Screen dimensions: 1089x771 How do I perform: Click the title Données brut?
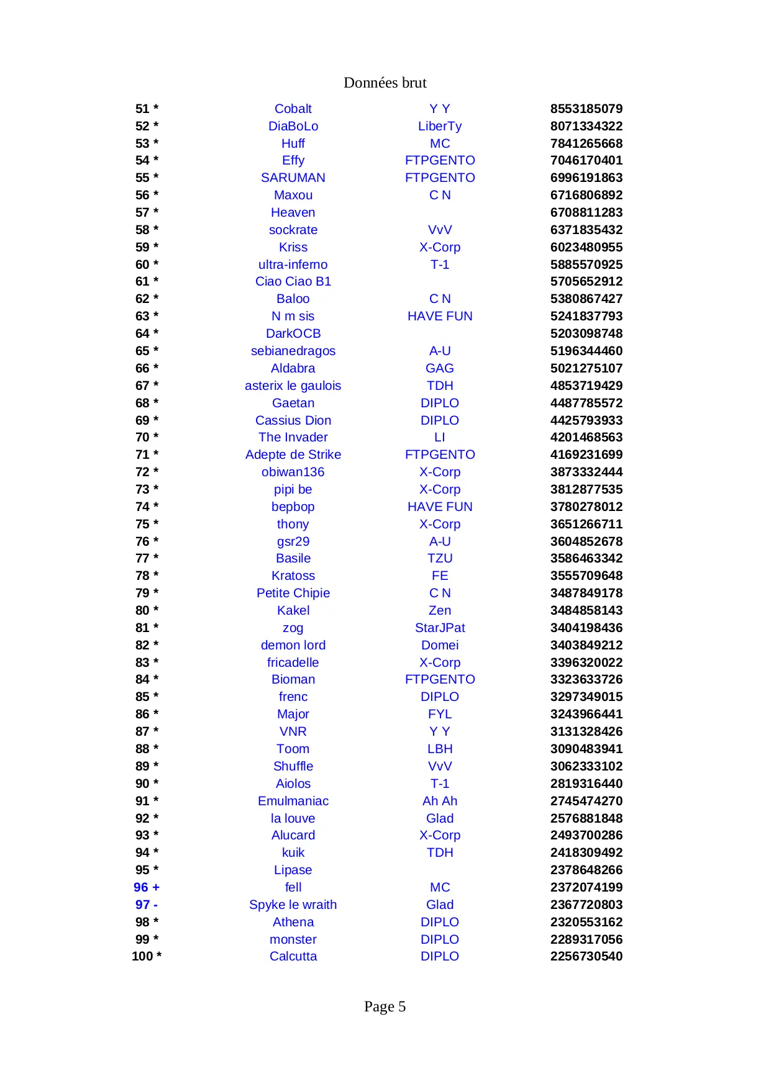point(385,83)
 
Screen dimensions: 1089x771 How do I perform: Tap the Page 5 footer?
point(385,1006)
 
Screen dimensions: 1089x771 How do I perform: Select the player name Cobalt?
point(293,109)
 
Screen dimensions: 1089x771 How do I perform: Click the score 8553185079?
point(586,109)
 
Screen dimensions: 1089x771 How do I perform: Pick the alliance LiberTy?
point(439,126)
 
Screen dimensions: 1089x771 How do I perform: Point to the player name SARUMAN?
point(293,178)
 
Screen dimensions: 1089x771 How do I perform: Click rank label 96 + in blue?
point(147,887)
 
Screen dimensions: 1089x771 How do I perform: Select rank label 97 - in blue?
point(147,905)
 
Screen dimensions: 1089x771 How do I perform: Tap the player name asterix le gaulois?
point(293,386)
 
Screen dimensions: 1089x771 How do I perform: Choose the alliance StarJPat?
point(439,628)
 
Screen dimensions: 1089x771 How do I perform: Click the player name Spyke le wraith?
point(293,905)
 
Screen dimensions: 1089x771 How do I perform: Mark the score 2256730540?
point(586,956)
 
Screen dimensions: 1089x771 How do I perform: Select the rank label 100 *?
point(147,956)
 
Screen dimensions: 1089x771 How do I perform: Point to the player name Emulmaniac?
point(293,801)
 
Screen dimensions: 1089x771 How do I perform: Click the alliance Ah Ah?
point(439,801)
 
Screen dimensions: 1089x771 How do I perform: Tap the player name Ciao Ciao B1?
point(293,281)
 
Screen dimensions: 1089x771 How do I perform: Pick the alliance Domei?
point(439,645)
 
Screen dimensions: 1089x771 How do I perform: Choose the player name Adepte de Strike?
point(293,454)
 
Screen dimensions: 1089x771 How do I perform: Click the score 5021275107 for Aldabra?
point(586,368)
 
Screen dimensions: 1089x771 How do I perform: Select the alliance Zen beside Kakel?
point(439,610)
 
